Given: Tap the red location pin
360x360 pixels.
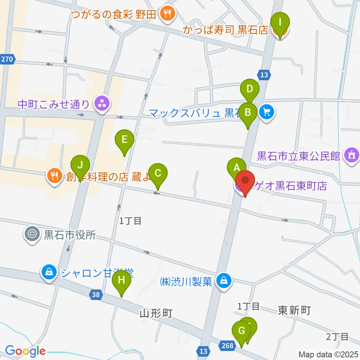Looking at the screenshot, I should (245, 181).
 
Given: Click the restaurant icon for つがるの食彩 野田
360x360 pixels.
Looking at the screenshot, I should (165, 14).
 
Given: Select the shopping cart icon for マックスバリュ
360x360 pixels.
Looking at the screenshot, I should (267, 111).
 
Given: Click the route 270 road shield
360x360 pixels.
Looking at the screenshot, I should (7, 59).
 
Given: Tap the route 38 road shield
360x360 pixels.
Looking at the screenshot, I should (96, 295).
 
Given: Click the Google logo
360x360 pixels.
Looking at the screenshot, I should (25, 351).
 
